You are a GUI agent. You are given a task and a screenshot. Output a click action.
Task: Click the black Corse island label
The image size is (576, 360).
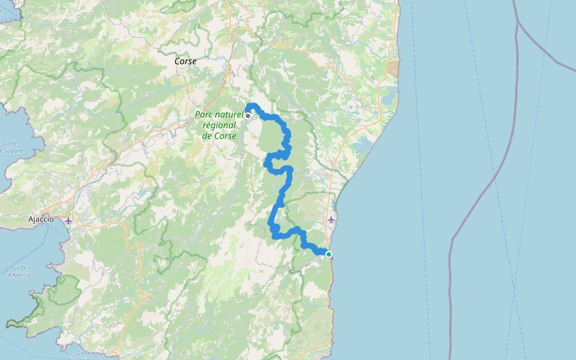coord(185,61)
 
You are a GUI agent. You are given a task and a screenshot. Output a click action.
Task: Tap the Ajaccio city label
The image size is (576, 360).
coord(41,220)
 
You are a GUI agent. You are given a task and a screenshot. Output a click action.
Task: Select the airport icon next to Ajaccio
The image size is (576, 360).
coord(69,220)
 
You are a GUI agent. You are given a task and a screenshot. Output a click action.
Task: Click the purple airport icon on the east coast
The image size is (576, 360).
coord(331,220)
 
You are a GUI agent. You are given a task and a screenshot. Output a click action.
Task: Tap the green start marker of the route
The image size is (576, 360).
coord(329,254)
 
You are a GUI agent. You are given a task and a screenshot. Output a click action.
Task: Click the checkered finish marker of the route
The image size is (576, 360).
coord(248,115)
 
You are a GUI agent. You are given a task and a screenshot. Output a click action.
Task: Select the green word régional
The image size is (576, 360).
coord(219,126)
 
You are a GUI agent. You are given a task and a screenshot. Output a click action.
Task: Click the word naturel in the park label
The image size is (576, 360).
coord(230,115)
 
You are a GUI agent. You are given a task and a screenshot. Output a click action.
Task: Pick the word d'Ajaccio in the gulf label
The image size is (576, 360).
coord(19,275)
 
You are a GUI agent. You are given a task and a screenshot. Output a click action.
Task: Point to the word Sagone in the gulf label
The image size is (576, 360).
coord(13,151)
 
